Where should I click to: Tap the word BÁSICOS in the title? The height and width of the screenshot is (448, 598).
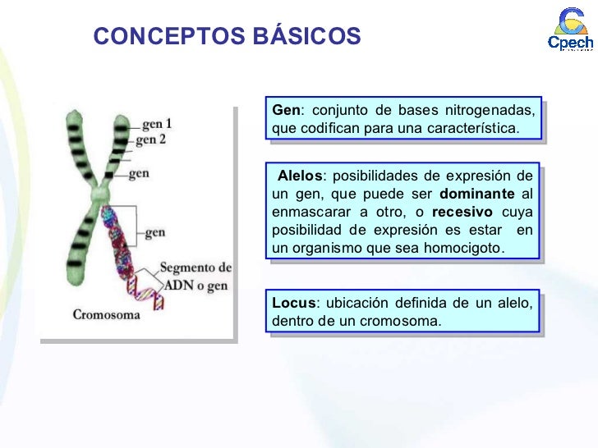310,36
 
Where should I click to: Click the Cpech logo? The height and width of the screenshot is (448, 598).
569,32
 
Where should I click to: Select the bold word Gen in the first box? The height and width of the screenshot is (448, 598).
287,112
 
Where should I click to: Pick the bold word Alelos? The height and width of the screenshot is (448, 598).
301,176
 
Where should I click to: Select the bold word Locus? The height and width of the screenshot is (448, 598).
291,304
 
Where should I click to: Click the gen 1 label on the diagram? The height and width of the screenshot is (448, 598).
157,124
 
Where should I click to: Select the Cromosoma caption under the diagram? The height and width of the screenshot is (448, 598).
106,314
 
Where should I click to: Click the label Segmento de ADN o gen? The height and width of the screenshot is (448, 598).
195,277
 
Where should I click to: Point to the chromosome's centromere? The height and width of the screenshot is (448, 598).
98,195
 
